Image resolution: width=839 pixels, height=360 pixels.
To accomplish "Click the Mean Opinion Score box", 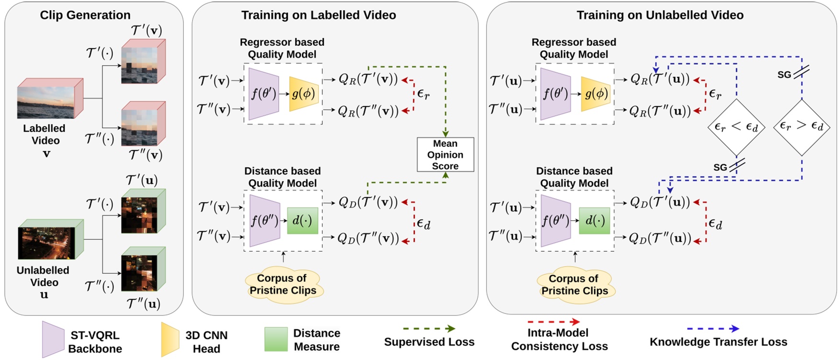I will click(x=445, y=155).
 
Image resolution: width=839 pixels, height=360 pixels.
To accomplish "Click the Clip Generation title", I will click(x=85, y=15).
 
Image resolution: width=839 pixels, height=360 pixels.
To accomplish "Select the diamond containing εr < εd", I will click(x=736, y=127).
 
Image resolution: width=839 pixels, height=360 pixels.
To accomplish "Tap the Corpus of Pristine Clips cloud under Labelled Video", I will click(x=283, y=284).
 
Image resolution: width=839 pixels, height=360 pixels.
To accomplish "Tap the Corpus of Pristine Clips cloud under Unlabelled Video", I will click(x=575, y=285).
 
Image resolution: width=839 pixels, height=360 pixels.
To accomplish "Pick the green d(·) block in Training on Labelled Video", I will click(x=302, y=221).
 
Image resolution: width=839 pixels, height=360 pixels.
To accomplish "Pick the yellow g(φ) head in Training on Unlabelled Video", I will click(x=596, y=94).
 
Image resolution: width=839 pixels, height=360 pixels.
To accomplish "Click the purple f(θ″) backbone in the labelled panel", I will click(x=264, y=221).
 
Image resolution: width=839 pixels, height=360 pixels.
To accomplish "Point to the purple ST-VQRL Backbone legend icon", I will click(x=53, y=339).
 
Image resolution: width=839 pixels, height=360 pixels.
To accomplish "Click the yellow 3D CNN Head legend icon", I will click(x=170, y=339).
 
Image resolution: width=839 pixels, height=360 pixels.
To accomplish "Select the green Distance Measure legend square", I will click(x=276, y=339).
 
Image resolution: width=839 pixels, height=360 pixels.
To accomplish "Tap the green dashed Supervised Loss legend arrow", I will click(x=429, y=329).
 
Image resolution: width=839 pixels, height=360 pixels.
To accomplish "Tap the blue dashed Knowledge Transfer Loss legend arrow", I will click(x=713, y=329).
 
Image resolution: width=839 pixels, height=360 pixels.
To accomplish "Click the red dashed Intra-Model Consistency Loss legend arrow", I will click(x=553, y=322).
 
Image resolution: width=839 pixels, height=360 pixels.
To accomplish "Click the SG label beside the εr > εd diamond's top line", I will click(x=784, y=75).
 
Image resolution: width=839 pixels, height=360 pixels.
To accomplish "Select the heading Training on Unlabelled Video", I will click(x=659, y=15).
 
